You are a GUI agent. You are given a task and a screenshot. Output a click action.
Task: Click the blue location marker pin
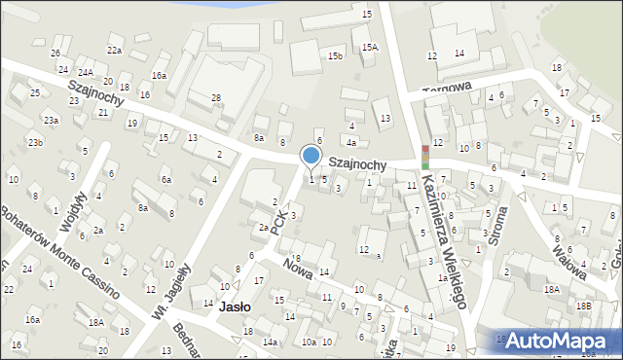coord(311,156)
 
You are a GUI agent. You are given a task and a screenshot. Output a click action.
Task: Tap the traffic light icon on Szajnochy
coord(424,156)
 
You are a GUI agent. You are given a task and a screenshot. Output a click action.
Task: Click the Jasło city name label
coord(235,306)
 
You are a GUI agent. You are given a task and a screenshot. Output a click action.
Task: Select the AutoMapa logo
coord(555,341)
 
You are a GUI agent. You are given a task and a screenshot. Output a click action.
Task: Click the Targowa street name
coord(446,88)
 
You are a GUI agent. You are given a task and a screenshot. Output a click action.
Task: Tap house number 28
coord(216,97)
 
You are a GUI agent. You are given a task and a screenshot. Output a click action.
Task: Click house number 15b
coord(335,56)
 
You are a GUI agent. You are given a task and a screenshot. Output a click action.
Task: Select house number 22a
coord(115,50)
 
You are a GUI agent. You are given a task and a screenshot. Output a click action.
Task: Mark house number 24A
coord(86,72)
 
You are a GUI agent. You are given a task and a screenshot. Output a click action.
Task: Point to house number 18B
coord(582,306)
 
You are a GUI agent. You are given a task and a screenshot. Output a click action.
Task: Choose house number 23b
coord(35,143)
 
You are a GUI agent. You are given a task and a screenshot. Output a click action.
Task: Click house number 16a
coord(159,75)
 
